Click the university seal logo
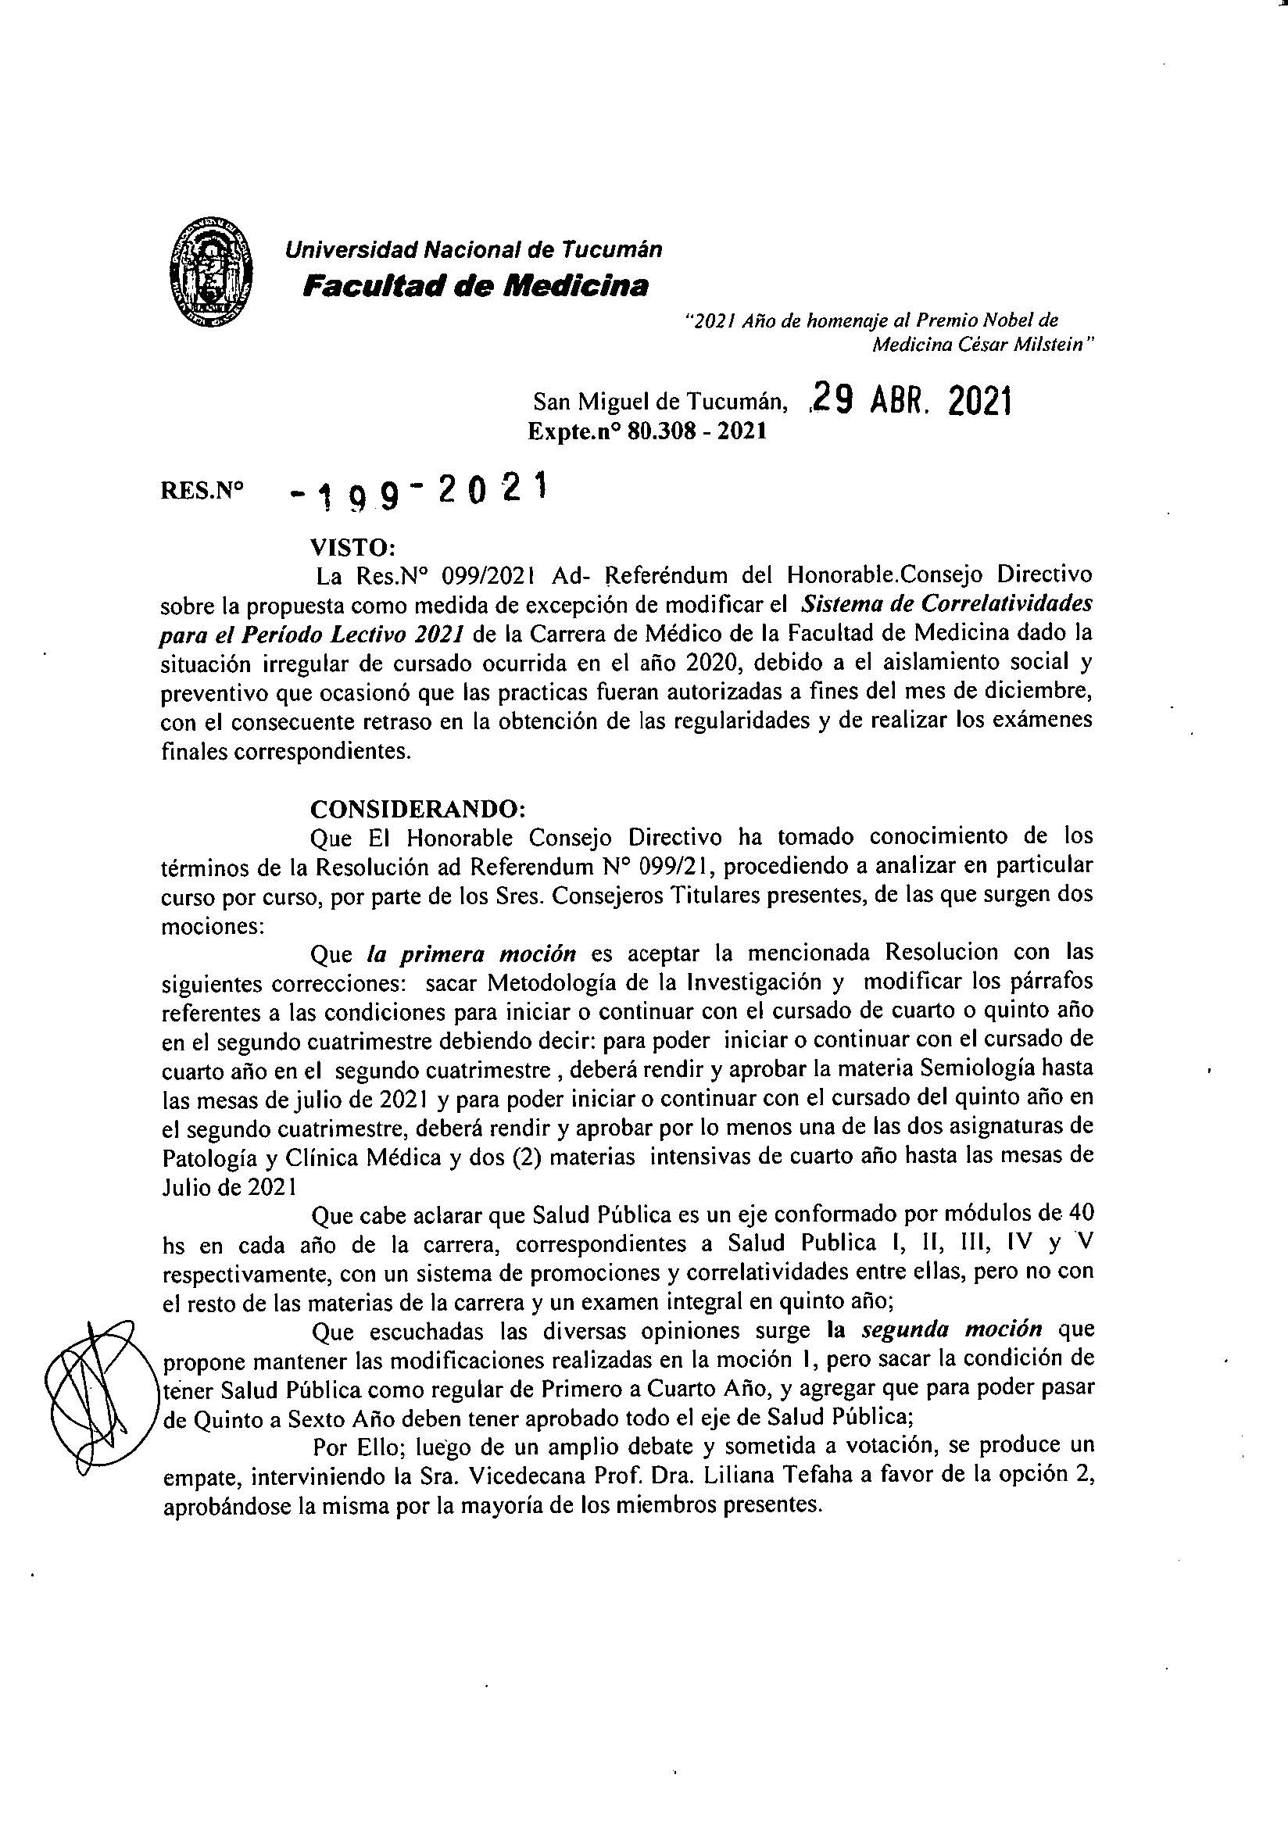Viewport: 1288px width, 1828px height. click(212, 271)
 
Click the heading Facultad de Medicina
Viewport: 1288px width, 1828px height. click(475, 285)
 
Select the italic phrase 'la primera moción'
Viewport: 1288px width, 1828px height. click(471, 953)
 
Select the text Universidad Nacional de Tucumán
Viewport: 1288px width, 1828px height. click(474, 250)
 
